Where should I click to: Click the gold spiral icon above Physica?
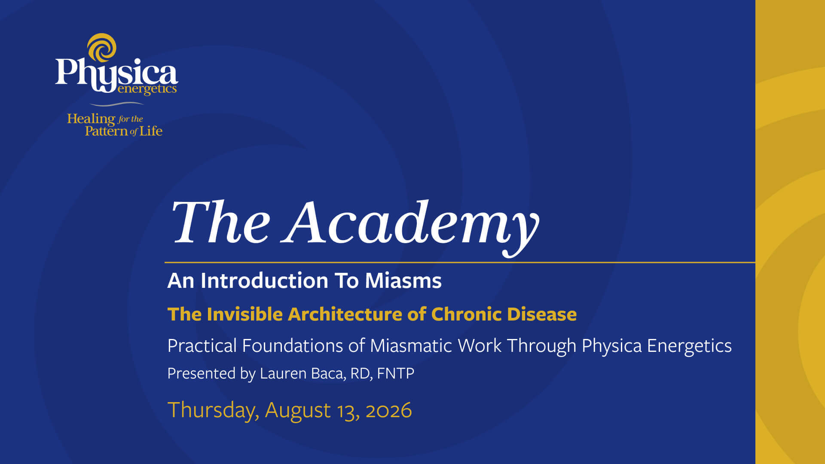(x=102, y=47)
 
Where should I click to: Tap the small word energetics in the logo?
(x=147, y=89)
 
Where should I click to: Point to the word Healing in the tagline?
(x=91, y=119)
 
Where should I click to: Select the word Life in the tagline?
(x=151, y=131)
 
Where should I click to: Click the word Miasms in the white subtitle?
(x=403, y=281)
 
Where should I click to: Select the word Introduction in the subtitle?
(x=264, y=281)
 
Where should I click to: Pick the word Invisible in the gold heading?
(x=244, y=314)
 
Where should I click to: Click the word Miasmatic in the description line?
(x=411, y=345)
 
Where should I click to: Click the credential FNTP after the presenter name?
(x=395, y=373)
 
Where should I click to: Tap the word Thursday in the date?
(x=213, y=410)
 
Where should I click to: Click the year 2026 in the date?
(x=388, y=410)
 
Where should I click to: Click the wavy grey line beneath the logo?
(x=116, y=104)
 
